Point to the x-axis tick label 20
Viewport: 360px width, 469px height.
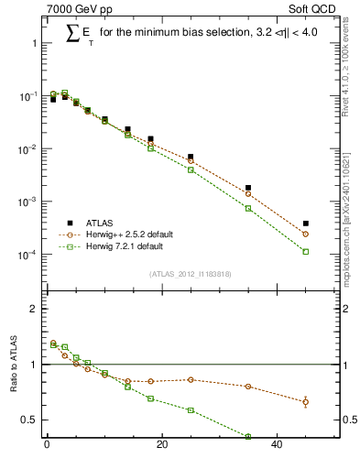(161, 446)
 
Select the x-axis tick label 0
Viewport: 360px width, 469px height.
(47, 446)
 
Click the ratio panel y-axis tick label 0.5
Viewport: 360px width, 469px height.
(30, 420)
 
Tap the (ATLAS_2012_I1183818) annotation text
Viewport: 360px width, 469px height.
(189, 274)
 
